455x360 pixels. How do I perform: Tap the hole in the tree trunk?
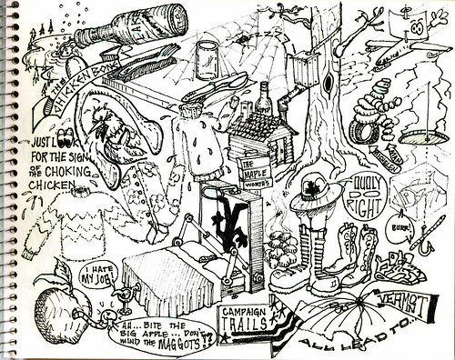tap(327, 85)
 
